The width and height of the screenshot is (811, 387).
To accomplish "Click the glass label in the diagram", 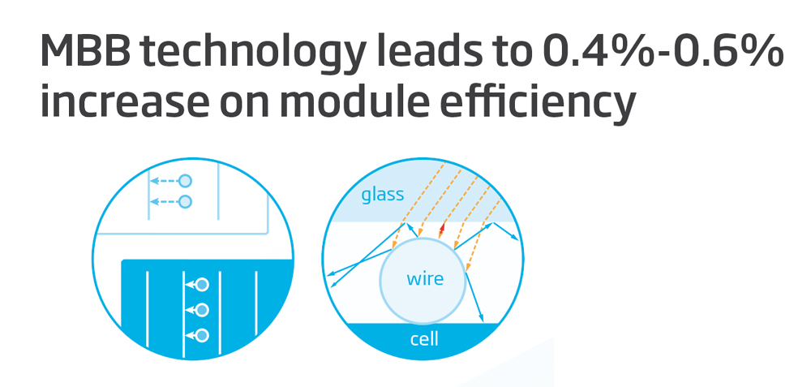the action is click(382, 195).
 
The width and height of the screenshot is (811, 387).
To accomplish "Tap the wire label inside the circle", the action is click(425, 279).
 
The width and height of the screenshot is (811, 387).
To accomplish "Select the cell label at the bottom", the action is click(424, 339).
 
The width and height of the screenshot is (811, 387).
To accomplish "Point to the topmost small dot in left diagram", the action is click(185, 181).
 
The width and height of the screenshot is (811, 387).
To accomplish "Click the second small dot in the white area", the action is click(185, 201).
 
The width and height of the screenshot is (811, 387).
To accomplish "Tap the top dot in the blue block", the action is click(202, 284).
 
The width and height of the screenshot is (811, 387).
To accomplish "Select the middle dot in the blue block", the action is click(202, 309).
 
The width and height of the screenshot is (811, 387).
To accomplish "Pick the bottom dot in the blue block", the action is click(202, 335).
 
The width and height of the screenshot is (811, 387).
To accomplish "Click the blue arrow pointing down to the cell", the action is click(474, 297).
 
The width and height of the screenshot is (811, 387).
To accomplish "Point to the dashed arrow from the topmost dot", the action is click(164, 181).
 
